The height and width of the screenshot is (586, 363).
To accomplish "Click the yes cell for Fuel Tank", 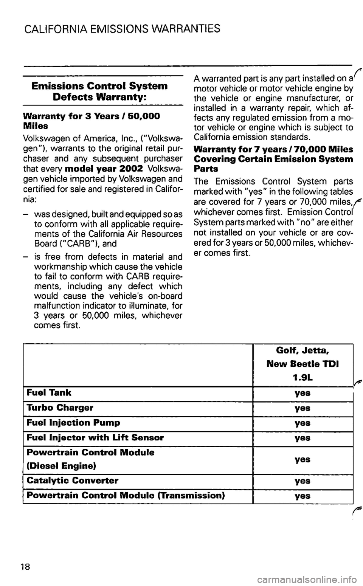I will click(x=302, y=393).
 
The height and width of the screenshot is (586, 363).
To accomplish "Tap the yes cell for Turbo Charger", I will click(x=302, y=408).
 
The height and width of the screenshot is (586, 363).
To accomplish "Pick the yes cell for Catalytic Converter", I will click(x=302, y=481).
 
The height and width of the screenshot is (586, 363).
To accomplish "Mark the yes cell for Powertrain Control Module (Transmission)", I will click(x=302, y=496).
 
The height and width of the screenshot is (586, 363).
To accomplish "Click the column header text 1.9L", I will click(x=302, y=377).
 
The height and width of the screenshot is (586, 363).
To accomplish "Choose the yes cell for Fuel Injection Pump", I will click(x=302, y=423).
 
